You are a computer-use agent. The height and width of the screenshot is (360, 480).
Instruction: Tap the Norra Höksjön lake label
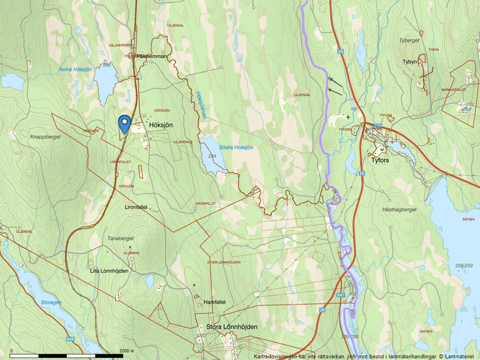coord(76,69)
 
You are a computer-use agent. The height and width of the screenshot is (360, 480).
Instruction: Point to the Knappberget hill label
coord(45,138)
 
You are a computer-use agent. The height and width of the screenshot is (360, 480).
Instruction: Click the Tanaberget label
coord(121,238)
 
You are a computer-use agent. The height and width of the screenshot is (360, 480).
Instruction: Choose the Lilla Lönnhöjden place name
coord(109,270)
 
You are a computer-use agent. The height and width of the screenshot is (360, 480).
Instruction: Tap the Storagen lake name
coord(51,302)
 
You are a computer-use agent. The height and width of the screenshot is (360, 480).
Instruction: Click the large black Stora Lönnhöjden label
coord(232,327)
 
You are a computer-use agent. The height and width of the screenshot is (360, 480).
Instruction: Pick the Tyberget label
coord(409,41)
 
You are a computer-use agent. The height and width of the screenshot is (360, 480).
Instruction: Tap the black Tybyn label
coord(410,61)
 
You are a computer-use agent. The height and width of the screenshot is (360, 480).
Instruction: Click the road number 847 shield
coord(340,296)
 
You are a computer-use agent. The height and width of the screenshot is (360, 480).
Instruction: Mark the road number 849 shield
coord(70,339)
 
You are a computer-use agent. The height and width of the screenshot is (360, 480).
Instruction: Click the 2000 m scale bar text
coord(127,351)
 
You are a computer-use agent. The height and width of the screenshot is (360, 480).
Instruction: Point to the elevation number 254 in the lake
coord(212,156)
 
